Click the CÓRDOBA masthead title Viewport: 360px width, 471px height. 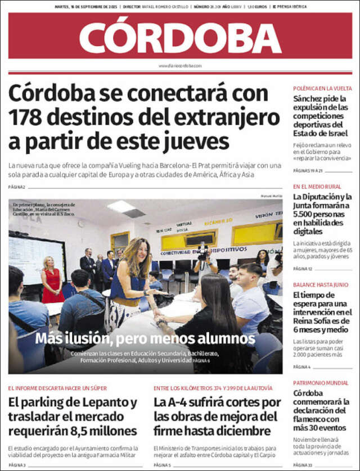tap(180, 37)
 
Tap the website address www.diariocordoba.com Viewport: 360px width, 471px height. tap(180, 66)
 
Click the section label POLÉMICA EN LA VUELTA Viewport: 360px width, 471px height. tap(322, 88)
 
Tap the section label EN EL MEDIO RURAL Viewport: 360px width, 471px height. tap(317, 186)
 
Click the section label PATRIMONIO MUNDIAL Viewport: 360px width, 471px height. tap(320, 383)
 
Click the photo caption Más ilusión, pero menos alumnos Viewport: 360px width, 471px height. tap(145, 339)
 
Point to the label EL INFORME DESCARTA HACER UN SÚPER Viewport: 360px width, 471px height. tap(57, 388)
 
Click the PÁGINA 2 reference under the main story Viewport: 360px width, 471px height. tap(17, 187)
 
